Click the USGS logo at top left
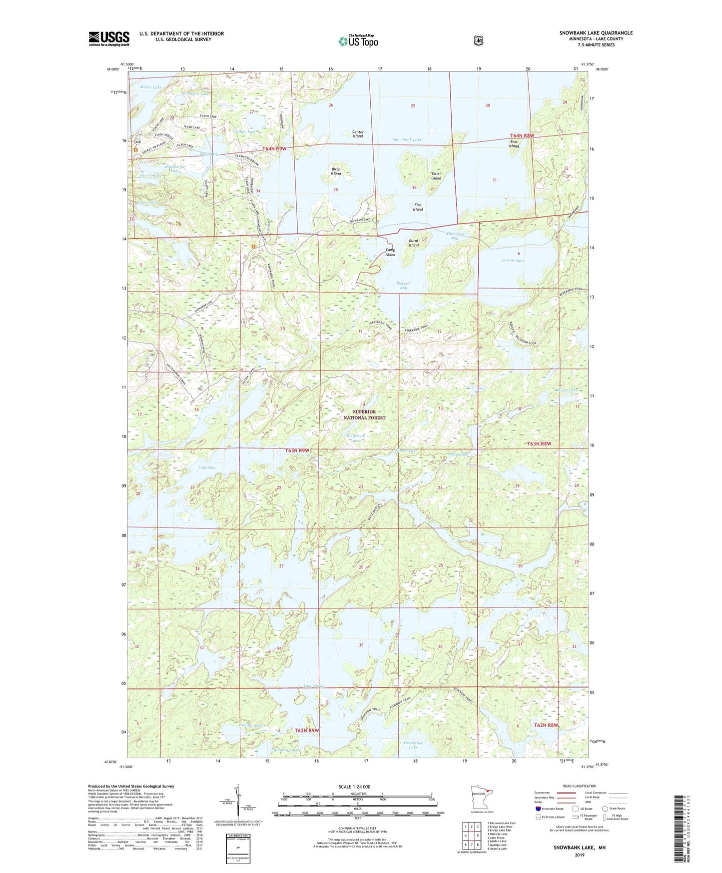109,38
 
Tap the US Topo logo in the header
358,40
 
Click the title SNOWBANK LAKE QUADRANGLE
596,33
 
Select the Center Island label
358,134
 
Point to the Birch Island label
336,171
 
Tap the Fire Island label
418,207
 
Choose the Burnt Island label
414,243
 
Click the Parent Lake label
513,260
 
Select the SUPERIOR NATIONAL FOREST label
364,414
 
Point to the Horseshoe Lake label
413,745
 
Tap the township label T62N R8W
546,725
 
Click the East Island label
514,144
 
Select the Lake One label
207,467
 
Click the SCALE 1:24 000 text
354,787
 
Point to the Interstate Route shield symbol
538,808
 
